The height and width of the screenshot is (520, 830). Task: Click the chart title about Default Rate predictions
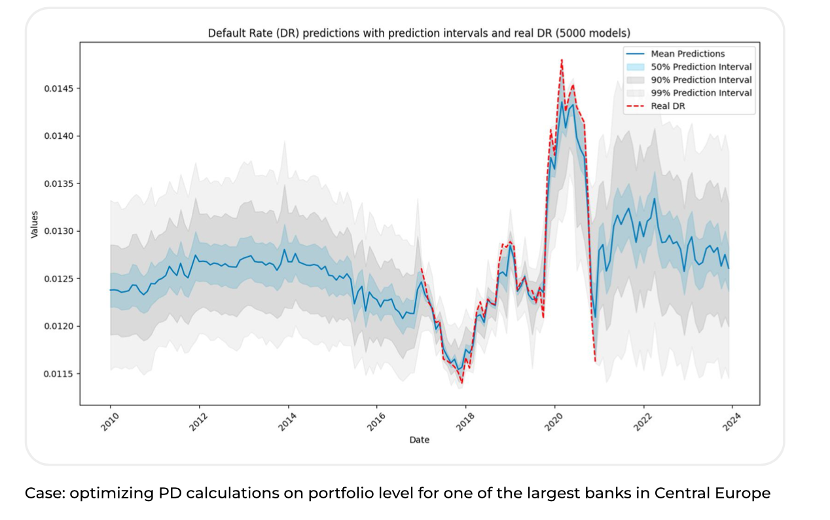coord(419,32)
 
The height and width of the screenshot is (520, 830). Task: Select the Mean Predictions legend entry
coord(687,54)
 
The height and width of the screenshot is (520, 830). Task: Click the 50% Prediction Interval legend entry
coord(701,67)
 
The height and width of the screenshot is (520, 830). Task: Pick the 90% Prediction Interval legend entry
coord(701,80)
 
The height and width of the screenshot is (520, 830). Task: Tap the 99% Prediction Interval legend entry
coord(701,93)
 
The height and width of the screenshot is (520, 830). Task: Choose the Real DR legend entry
coord(668,106)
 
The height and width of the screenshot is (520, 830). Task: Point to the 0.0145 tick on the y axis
coord(58,88)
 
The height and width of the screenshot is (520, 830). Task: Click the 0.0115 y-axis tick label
coord(58,374)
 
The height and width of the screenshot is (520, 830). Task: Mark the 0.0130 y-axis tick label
coord(58,231)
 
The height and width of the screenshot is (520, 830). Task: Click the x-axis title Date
coord(419,440)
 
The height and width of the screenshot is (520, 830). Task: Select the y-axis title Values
coord(35,224)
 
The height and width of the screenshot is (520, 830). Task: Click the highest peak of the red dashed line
coord(562,60)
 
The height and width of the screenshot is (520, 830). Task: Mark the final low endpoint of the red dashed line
coord(596,362)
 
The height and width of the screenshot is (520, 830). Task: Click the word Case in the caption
coord(41,493)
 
